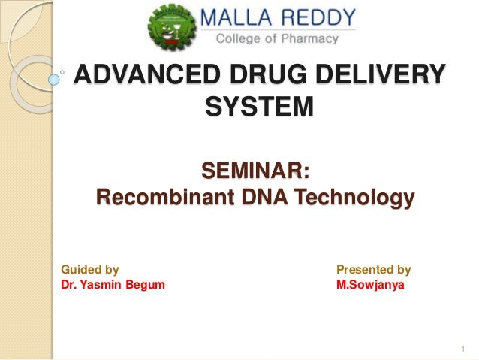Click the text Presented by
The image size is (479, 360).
373,269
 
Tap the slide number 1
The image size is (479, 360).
464,349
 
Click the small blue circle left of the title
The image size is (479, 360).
53,77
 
